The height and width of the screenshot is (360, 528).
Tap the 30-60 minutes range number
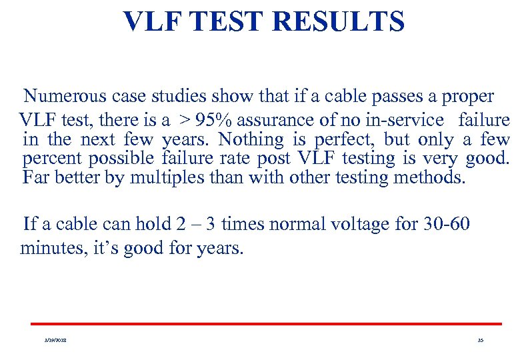pyautogui.click(x=446, y=223)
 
